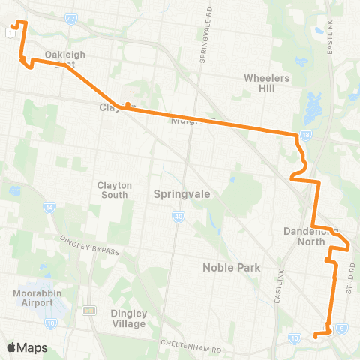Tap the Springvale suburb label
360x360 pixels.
[x=181, y=193]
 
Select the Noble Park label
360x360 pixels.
[x=230, y=267]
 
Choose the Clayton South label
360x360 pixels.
[x=115, y=190]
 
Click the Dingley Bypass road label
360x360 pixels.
[x=89, y=244]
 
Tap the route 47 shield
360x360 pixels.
[x=71, y=18]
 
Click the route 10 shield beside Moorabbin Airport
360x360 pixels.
[x=51, y=322]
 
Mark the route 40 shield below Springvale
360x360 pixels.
[x=178, y=217]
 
